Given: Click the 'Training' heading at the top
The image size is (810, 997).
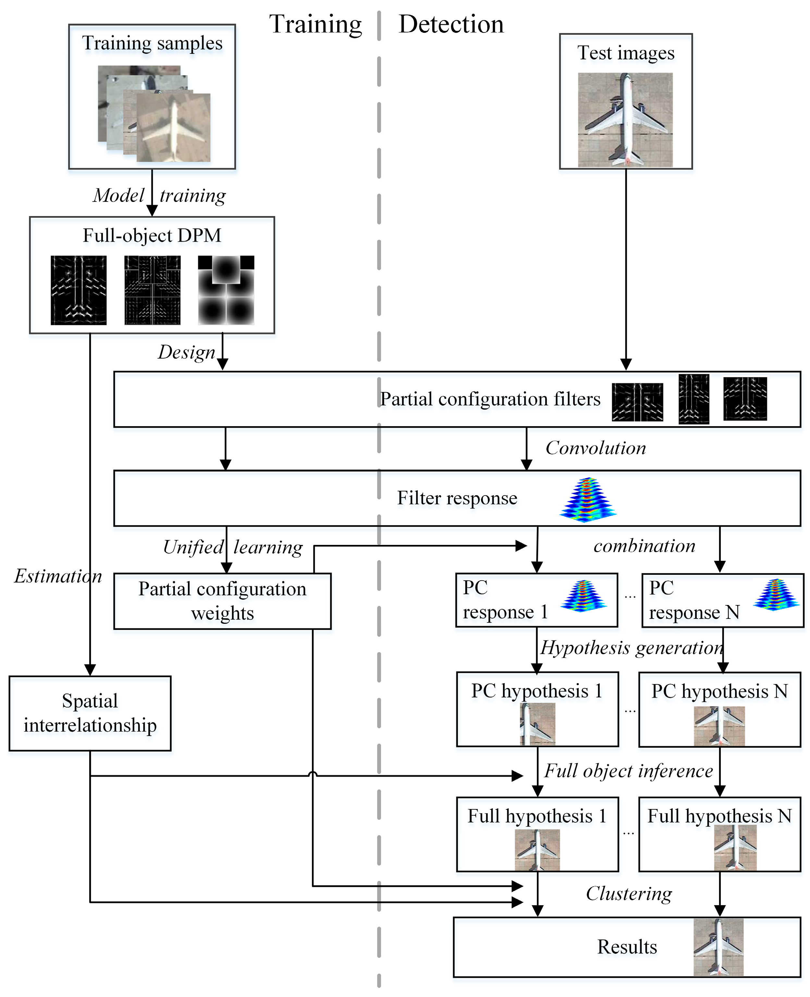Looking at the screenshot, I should [x=315, y=25].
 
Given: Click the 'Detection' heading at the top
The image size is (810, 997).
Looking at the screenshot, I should [x=451, y=25].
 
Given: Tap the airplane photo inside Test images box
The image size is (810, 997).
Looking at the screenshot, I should [x=625, y=120].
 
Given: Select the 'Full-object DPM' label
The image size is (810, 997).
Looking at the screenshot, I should [x=152, y=236].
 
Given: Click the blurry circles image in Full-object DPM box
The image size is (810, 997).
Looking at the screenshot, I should [x=226, y=290].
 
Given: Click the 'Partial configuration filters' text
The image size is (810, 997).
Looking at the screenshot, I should [x=490, y=400].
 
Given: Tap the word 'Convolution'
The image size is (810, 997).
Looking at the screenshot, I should [x=596, y=448].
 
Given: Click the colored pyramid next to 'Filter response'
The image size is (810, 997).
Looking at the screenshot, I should [x=588, y=499].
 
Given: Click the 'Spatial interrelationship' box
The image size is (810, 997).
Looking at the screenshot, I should [x=90, y=713].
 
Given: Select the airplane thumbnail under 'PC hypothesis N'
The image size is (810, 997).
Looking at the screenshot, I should [x=719, y=725].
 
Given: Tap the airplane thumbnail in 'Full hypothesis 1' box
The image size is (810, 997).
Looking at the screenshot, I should [x=537, y=850].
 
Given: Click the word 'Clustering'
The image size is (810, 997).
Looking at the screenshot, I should [x=629, y=894].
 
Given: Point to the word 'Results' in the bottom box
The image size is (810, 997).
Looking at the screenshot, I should [x=627, y=947].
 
